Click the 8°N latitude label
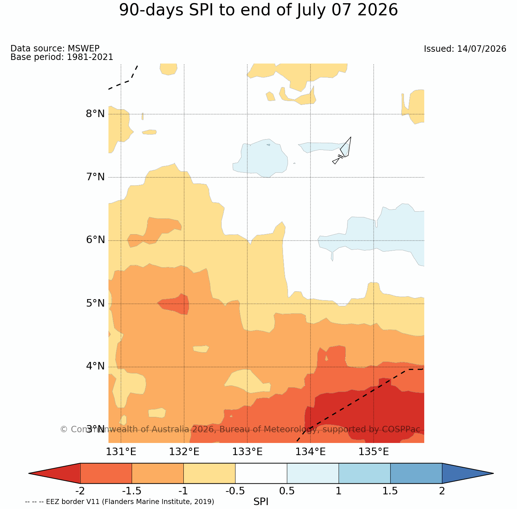click(x=95, y=114)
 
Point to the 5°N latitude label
click(x=95, y=303)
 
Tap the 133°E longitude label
click(x=247, y=452)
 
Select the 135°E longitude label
click(x=374, y=452)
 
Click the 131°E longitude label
click(x=121, y=452)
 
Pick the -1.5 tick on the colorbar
click(x=131, y=491)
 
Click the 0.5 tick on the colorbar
click(x=287, y=491)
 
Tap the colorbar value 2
click(x=442, y=491)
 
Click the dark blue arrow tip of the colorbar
click(x=468, y=473)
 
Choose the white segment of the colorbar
click(x=261, y=473)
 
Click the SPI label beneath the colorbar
click(x=261, y=502)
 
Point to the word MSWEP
click(x=83, y=48)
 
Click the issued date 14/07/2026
click(x=482, y=49)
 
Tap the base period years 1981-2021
click(x=90, y=57)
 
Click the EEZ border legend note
click(x=120, y=502)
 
